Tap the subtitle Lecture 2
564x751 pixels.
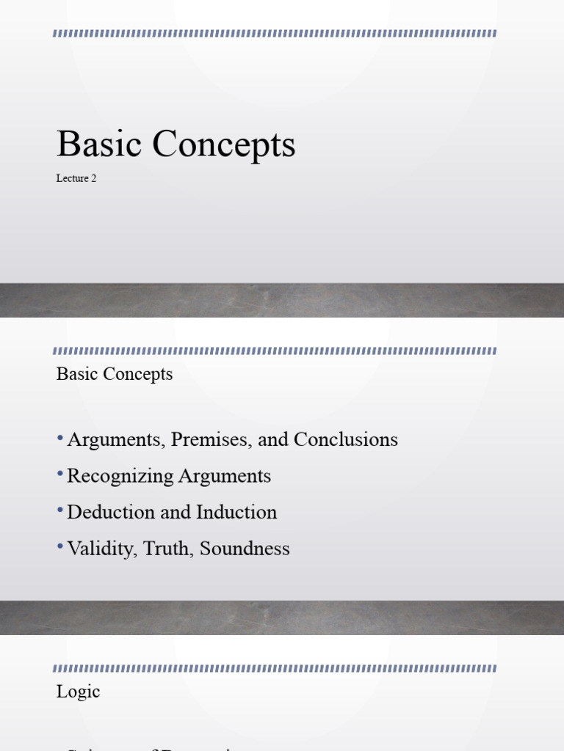76,178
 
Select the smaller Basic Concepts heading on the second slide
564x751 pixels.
115,374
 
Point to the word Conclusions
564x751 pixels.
345,440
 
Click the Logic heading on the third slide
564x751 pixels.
78,692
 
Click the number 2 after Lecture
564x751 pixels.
94,178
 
